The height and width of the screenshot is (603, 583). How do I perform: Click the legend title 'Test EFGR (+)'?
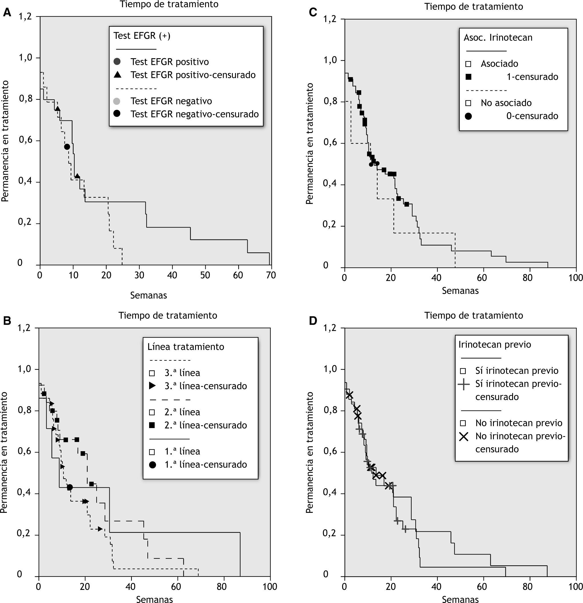coord(142,36)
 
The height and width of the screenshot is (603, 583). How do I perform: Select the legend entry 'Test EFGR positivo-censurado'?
coord(193,75)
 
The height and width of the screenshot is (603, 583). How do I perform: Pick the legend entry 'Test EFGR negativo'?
coord(171,101)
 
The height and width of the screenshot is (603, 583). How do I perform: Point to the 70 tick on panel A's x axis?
coord(271,275)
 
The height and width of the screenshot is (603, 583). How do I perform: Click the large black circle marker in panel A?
coord(67,147)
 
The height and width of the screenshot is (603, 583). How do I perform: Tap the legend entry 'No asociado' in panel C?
coord(506,103)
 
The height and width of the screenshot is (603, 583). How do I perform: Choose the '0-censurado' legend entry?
coord(532,116)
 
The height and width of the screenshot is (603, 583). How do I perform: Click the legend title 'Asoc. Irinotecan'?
coord(498,38)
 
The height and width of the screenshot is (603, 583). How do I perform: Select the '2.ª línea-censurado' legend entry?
coord(205,425)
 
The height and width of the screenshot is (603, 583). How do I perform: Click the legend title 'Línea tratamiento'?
coord(186,347)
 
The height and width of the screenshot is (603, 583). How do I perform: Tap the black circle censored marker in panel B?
coord(70,487)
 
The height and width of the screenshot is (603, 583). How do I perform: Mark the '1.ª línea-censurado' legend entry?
coord(205,465)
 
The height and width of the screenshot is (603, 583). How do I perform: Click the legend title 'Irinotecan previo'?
coord(495,344)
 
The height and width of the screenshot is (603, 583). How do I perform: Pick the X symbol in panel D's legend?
coord(464,436)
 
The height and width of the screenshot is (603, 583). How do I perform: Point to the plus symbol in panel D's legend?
coord(464,384)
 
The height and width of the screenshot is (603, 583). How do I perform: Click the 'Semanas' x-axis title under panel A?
coord(149,295)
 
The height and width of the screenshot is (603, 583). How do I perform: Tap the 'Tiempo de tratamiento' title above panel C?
coord(473,7)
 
